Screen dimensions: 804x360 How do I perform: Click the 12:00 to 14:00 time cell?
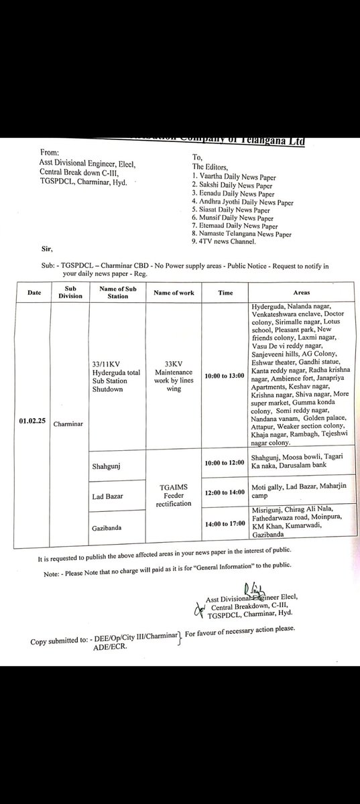tap(224, 492)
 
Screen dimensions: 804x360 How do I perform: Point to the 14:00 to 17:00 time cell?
tap(224, 524)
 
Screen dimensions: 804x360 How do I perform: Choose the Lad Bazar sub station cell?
tap(106, 495)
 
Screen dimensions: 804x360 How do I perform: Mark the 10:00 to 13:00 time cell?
tap(224, 375)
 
